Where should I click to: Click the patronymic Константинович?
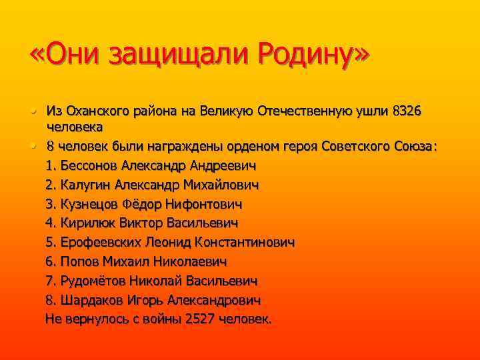click(237, 241)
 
